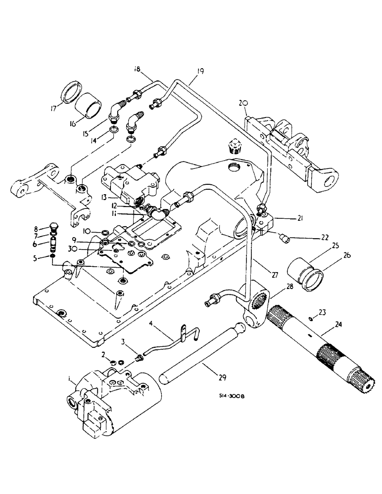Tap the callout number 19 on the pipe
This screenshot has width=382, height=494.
(x=199, y=72)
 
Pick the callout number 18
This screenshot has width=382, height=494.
(x=137, y=69)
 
